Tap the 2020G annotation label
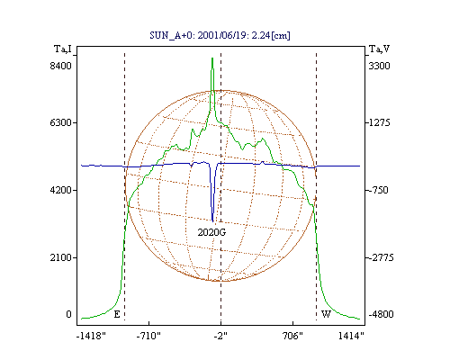(211, 232)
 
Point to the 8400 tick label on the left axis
(61, 66)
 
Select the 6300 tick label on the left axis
(61, 122)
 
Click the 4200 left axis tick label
(61, 190)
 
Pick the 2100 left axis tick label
(61, 257)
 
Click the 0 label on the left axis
(68, 314)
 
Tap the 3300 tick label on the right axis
(379, 66)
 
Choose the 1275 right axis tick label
(379, 122)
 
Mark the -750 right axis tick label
(378, 190)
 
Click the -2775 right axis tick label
(381, 257)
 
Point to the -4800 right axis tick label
(381, 314)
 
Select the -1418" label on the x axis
(91, 336)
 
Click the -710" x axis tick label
(148, 336)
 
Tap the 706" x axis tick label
(292, 336)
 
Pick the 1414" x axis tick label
(351, 336)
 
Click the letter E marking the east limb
(117, 314)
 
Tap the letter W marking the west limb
(326, 314)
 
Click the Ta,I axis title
(63, 49)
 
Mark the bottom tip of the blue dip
(212, 221)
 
